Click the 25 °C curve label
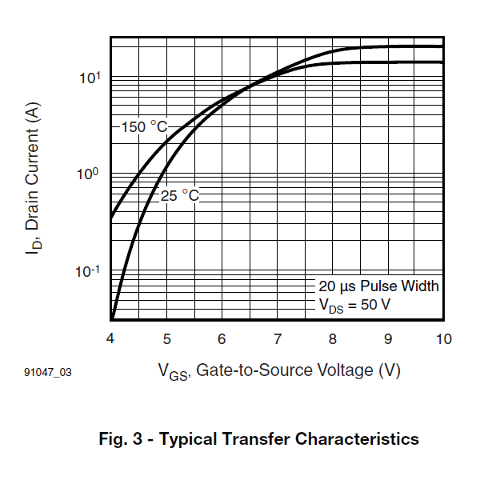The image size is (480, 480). coord(180,195)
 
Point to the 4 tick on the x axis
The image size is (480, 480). coord(110,339)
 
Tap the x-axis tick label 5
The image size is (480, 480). coord(166,339)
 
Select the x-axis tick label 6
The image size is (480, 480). coord(222,339)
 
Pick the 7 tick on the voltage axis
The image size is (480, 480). coord(277,339)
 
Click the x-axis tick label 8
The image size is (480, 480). coord(332,339)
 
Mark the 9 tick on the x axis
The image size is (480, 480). coord(387,339)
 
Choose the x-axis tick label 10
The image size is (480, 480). coord(442,339)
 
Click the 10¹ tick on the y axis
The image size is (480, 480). coord(89,78)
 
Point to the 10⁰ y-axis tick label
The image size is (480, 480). coord(89,174)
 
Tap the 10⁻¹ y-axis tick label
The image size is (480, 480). coord(87,272)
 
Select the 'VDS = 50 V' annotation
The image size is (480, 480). coord(354,304)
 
